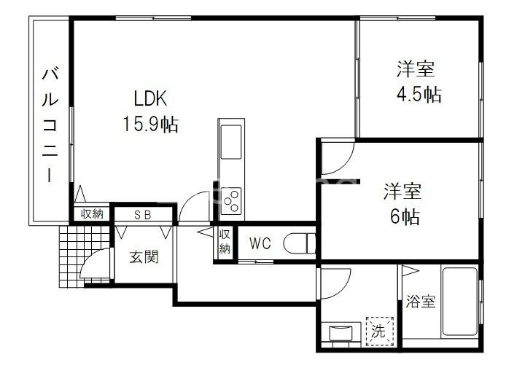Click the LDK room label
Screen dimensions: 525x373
(x=150, y=98)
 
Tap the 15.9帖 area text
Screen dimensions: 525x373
(x=150, y=124)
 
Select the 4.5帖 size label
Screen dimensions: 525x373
(x=419, y=94)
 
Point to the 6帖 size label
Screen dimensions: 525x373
(x=405, y=216)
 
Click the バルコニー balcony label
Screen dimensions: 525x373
(x=50, y=125)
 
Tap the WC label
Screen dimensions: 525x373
(x=260, y=243)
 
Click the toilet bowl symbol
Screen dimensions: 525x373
(x=300, y=243)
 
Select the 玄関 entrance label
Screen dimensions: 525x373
(x=144, y=257)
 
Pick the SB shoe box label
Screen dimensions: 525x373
(x=143, y=215)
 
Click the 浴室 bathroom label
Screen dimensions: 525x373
(x=421, y=301)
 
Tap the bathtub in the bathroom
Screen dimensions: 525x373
(x=459, y=301)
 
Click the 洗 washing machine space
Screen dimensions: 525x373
(x=379, y=331)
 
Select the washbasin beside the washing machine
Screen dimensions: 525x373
(x=341, y=333)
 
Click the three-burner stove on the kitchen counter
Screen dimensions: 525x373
(x=231, y=201)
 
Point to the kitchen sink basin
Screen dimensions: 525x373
(x=230, y=142)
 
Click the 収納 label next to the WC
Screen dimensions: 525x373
(x=225, y=242)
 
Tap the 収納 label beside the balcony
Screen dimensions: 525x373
(x=92, y=214)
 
